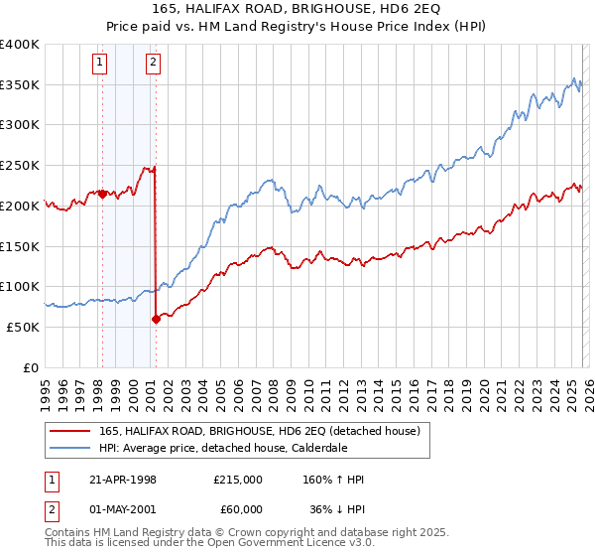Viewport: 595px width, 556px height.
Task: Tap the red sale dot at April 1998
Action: (102, 194)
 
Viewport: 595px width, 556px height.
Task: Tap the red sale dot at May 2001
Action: (156, 319)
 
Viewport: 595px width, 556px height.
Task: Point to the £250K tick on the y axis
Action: (20, 166)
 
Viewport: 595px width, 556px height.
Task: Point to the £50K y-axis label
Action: (23, 327)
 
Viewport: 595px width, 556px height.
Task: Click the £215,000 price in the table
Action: (237, 480)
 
